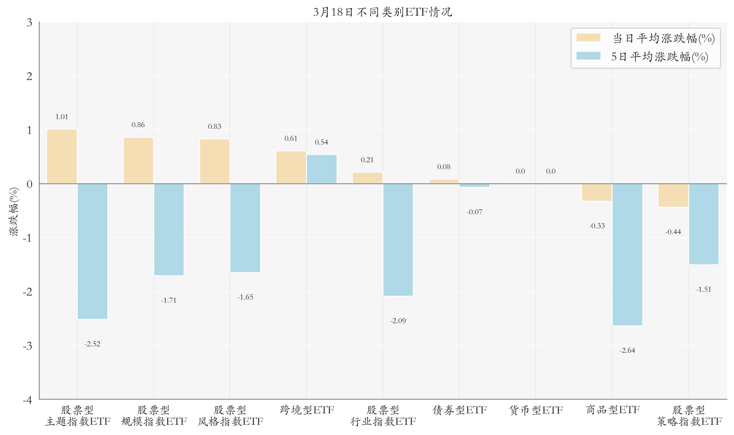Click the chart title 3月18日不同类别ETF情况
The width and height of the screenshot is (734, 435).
pyautogui.click(x=382, y=12)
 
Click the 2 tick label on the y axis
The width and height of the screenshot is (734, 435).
pyautogui.click(x=29, y=76)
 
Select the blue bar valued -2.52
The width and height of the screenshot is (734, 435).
pyautogui.click(x=92, y=251)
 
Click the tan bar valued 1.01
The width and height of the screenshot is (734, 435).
pyautogui.click(x=62, y=156)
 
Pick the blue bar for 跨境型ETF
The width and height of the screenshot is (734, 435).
pyautogui.click(x=322, y=169)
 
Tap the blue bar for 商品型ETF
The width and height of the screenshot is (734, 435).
pyautogui.click(x=627, y=254)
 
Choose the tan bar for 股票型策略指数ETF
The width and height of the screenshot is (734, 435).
pyautogui.click(x=673, y=195)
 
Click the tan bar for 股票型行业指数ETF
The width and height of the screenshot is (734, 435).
pyautogui.click(x=367, y=178)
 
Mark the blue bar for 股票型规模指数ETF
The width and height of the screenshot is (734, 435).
pyautogui.click(x=168, y=229)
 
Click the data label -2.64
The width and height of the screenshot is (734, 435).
pyautogui.click(x=627, y=351)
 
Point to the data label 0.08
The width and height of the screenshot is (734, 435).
pyautogui.click(x=443, y=167)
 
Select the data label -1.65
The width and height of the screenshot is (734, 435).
pyautogui.click(x=245, y=297)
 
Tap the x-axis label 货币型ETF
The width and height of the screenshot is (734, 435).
pyautogui.click(x=535, y=410)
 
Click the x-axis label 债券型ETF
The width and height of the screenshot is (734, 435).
pyautogui.click(x=459, y=410)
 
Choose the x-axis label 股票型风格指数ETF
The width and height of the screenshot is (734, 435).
pyautogui.click(x=230, y=416)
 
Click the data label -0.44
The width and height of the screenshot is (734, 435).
pyautogui.click(x=673, y=232)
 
